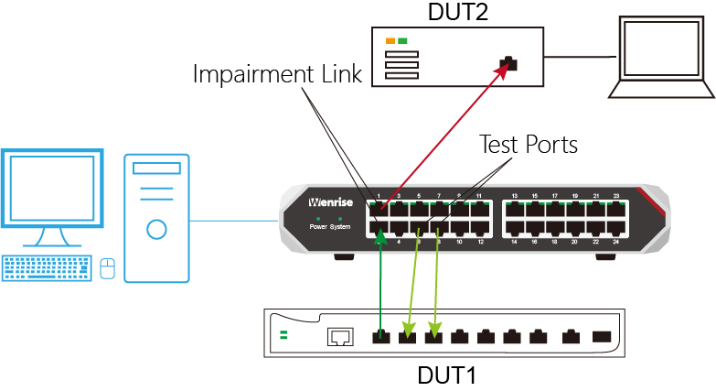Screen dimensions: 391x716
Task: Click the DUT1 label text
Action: pyautogui.click(x=446, y=375)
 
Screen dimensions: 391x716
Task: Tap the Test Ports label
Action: pyautogui.click(x=529, y=145)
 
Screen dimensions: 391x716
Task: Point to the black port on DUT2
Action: pyautogui.click(x=508, y=65)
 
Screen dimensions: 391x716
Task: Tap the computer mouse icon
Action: pyautogui.click(x=107, y=267)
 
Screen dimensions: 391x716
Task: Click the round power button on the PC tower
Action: pyautogui.click(x=156, y=229)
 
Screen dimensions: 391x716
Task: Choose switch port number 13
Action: pyautogui.click(x=515, y=211)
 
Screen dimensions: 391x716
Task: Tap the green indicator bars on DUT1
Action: pyautogui.click(x=283, y=335)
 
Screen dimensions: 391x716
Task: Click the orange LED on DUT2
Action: pyautogui.click(x=390, y=41)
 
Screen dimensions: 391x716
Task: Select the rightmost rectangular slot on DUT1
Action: pyautogui.click(x=602, y=336)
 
